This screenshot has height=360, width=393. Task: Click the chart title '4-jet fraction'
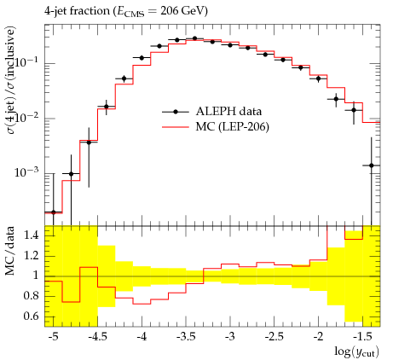pos(77,11)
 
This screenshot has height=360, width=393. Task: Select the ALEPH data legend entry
pos(211,112)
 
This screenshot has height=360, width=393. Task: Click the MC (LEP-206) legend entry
pos(216,127)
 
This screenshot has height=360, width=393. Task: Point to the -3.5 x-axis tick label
pos(186,337)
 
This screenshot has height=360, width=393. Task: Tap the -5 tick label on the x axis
pos(53,337)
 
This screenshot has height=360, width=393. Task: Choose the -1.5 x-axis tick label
pos(362,337)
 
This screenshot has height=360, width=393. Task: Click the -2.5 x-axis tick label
pos(274,337)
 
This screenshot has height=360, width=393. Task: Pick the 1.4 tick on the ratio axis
pos(32,235)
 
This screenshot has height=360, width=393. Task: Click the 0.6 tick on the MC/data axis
pos(32,316)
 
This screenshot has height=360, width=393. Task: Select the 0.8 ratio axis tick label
pos(32,296)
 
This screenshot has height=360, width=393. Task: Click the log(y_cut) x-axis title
pos(357,351)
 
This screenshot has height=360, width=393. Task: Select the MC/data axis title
pos(9,251)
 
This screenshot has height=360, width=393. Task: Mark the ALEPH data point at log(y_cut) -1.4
pos(372,165)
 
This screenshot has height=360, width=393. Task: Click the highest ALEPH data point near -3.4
pos(194,38)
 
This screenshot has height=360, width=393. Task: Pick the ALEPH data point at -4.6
pos(89,142)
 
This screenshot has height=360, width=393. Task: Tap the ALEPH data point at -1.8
pos(336,99)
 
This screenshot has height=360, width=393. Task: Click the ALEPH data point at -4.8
pos(71,174)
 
